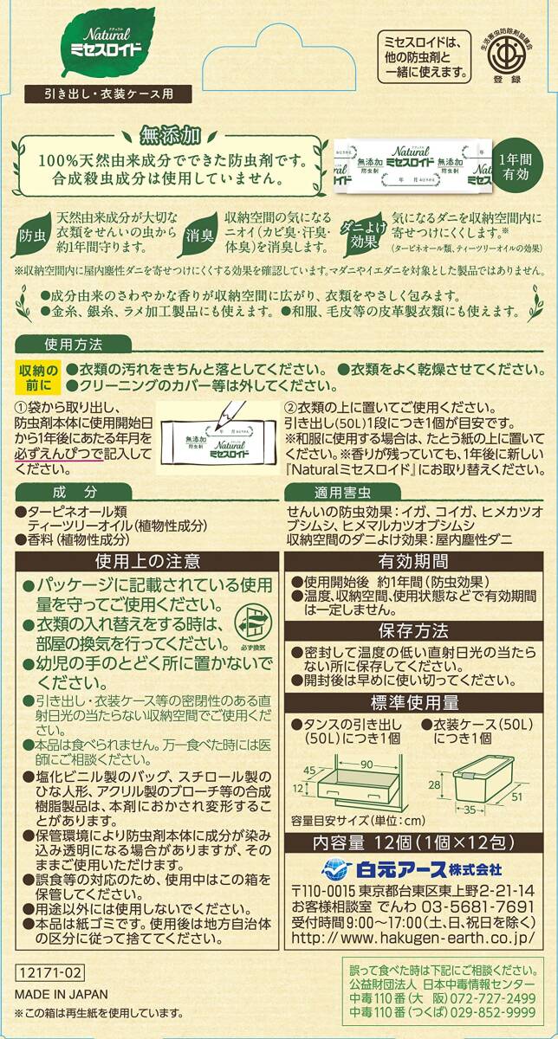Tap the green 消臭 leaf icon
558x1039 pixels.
198,232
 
